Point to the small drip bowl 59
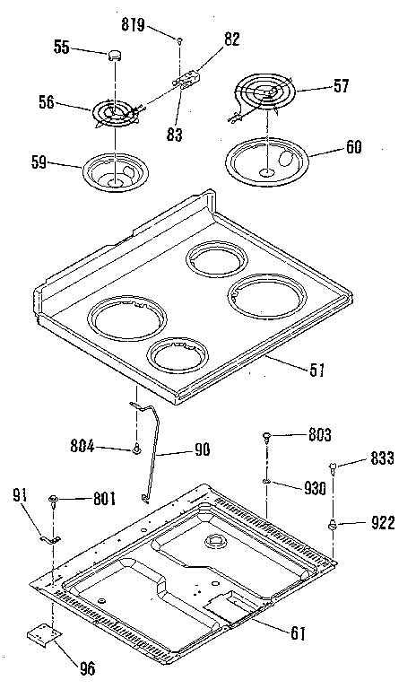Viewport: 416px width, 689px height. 114,171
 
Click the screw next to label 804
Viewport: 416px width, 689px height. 135,448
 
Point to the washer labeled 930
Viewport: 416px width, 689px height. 267,485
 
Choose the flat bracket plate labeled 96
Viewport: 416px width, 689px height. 43,636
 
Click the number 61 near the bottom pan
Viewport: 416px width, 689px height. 298,632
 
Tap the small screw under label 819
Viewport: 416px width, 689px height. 179,41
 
